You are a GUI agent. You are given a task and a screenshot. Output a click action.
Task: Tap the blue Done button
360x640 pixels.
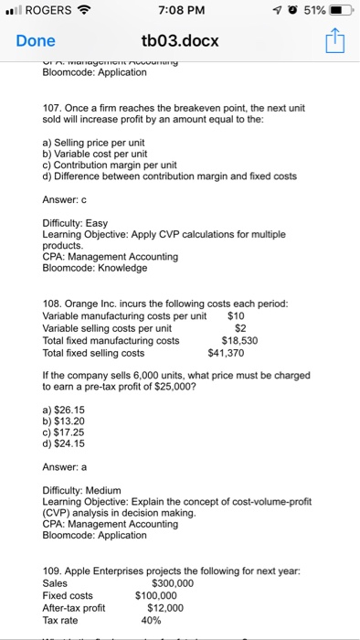[x=35, y=41]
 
